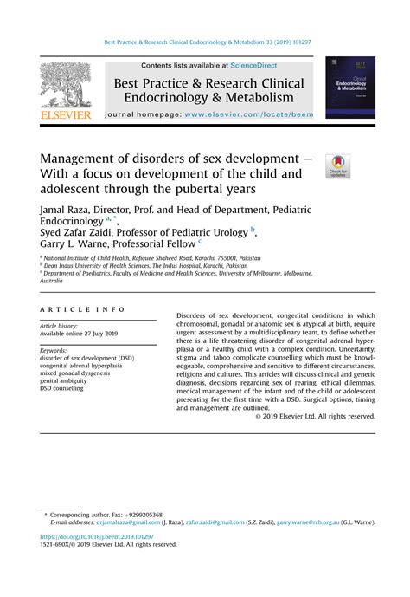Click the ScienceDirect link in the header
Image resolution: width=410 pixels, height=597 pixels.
click(x=266, y=65)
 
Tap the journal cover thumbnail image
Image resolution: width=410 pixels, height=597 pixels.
click(x=350, y=87)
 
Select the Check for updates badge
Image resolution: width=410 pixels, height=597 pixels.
click(x=337, y=165)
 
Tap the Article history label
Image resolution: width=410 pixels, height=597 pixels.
click(x=61, y=326)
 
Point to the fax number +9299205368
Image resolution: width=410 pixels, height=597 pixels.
click(x=139, y=514)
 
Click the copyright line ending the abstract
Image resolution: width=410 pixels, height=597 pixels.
click(x=316, y=416)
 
